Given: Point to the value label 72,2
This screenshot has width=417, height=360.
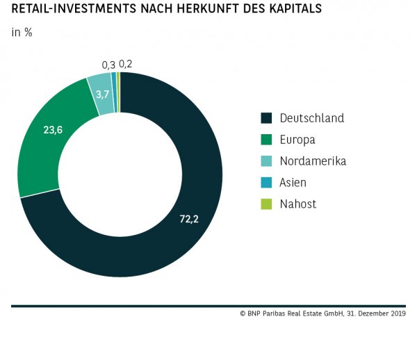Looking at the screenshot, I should pyautogui.click(x=190, y=219).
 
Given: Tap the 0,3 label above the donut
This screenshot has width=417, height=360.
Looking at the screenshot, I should pyautogui.click(x=108, y=65).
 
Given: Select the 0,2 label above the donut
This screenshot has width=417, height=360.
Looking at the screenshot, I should pyautogui.click(x=126, y=63).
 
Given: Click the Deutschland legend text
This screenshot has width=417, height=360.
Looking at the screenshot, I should pyautogui.click(x=311, y=118).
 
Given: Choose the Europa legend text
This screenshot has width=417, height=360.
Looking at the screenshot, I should pyautogui.click(x=297, y=140).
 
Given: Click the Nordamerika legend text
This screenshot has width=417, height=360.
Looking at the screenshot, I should pyautogui.click(x=313, y=161).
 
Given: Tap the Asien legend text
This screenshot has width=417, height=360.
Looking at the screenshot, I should pyautogui.click(x=293, y=183).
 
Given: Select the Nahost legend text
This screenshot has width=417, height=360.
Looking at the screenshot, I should pyautogui.click(x=297, y=204).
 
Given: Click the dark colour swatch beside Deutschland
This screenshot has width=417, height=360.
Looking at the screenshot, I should pyautogui.click(x=266, y=118).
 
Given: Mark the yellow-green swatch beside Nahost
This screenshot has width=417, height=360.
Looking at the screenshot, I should pyautogui.click(x=266, y=204).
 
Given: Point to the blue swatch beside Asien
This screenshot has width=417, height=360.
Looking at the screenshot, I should pyautogui.click(x=266, y=183).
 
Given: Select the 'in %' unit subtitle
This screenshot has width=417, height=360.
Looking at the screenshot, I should pyautogui.click(x=22, y=33).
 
